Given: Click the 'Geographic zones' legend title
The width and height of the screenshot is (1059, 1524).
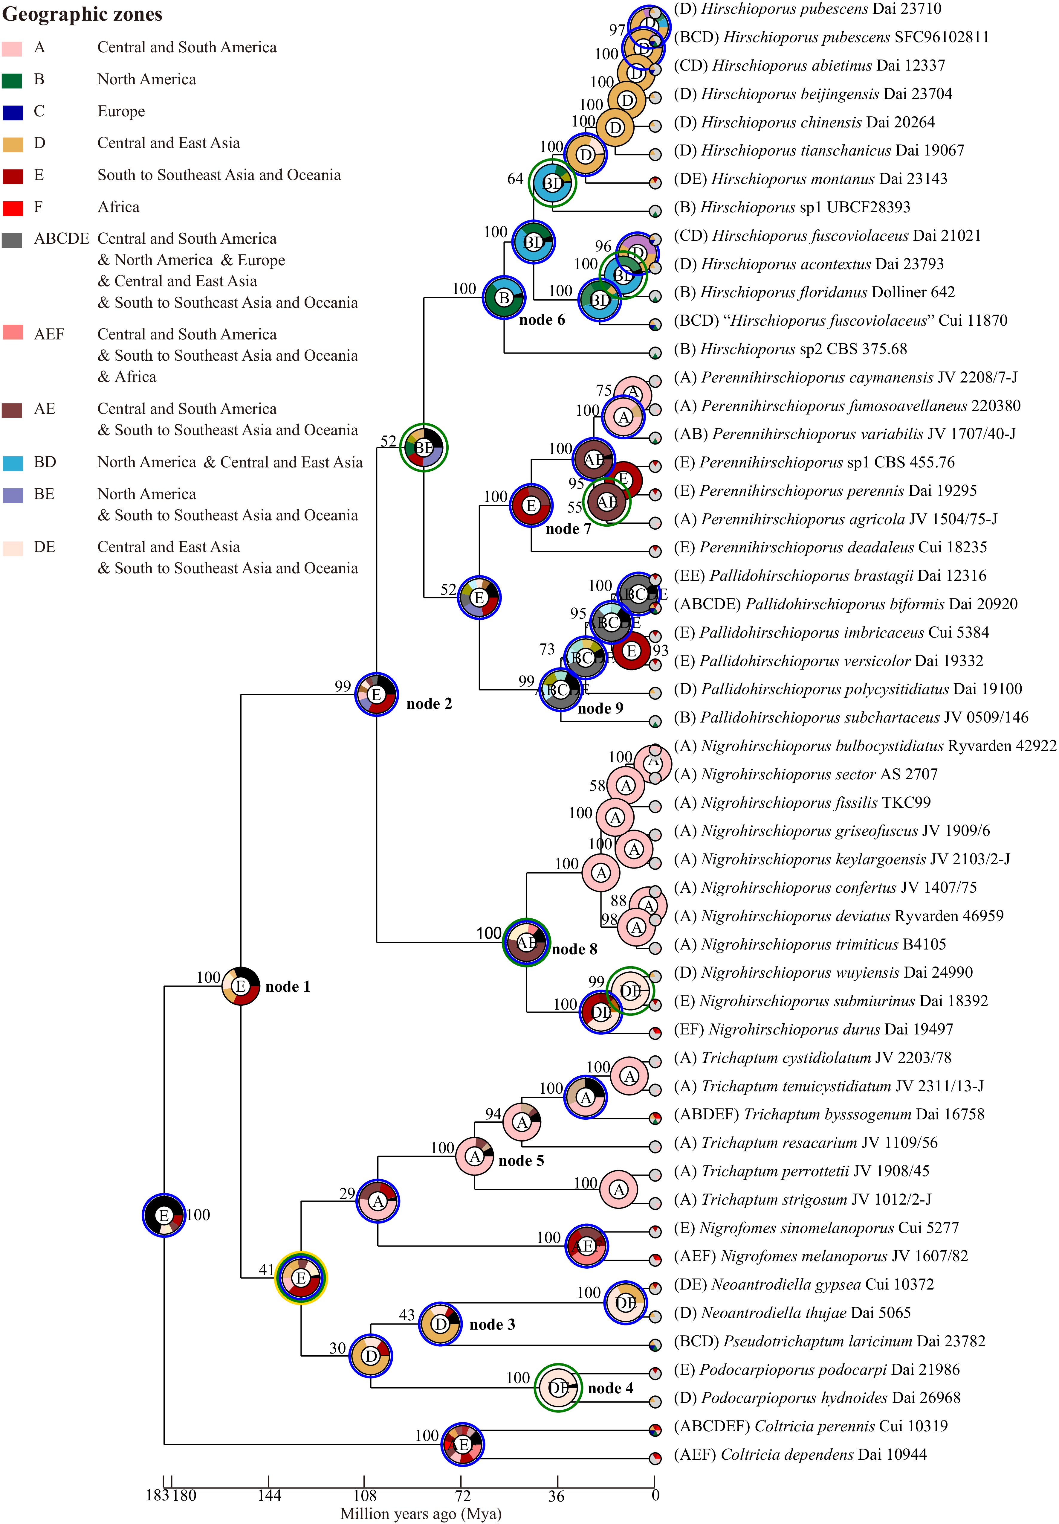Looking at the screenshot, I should click(x=82, y=15).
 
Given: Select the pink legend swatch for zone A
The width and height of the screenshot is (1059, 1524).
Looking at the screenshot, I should click(x=12, y=48).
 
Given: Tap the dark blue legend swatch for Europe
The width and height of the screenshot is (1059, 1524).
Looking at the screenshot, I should click(x=12, y=112).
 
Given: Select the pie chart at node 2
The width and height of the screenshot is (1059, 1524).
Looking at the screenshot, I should click(x=376, y=694).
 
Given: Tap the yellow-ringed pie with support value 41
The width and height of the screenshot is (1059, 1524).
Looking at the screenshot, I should click(x=301, y=1278).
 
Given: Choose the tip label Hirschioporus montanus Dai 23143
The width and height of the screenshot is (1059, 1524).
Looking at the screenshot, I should click(x=810, y=179).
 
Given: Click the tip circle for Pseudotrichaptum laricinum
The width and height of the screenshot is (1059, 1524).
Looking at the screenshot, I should click(x=655, y=1345).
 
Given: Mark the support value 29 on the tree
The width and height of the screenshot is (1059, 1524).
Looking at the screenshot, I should click(x=347, y=1194).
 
